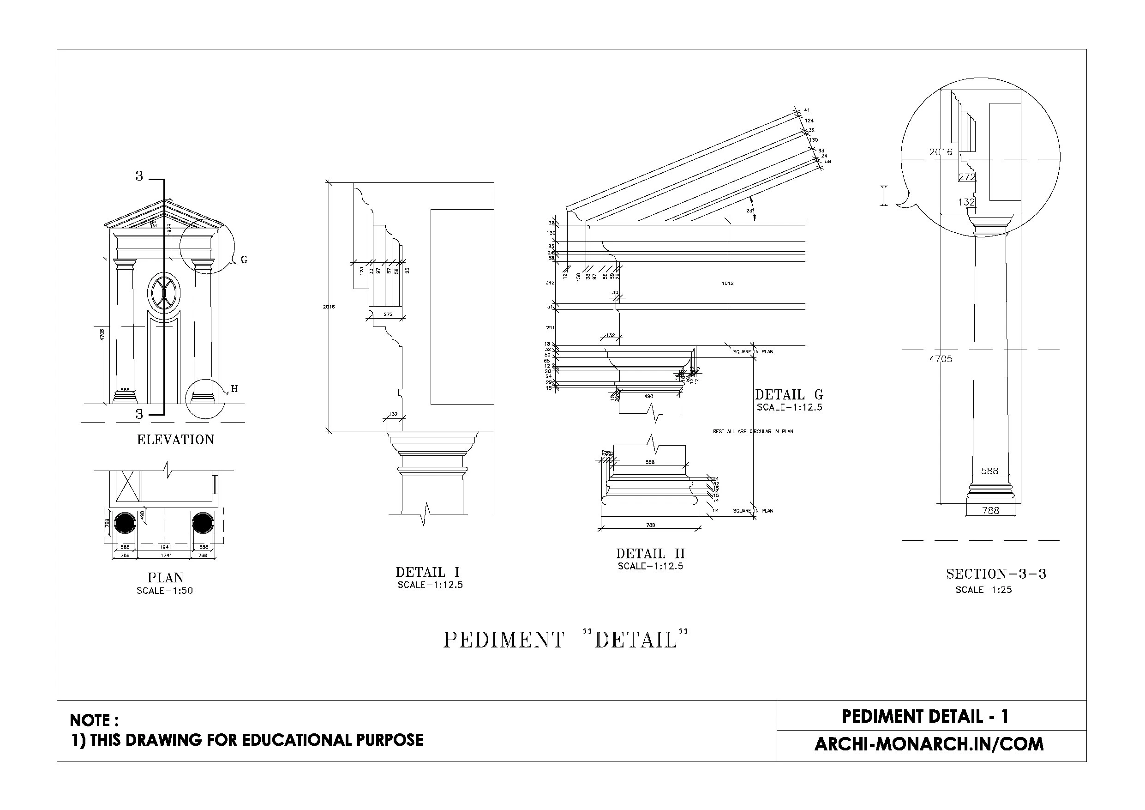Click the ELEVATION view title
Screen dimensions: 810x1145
[175, 440]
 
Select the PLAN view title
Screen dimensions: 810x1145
[165, 577]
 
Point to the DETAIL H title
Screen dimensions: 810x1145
[650, 554]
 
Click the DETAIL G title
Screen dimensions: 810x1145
[789, 395]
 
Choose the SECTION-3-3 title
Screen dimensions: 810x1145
[996, 574]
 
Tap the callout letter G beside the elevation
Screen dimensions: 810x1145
[244, 260]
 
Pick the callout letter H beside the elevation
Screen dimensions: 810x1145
[234, 389]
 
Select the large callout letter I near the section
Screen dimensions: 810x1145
[884, 196]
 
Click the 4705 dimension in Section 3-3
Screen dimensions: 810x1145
[941, 359]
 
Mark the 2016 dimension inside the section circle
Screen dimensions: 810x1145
[941, 152]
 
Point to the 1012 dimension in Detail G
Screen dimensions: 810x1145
[728, 284]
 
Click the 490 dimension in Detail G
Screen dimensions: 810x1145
[648, 396]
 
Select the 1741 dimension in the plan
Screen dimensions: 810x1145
[167, 555]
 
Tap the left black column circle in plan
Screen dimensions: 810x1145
[125, 523]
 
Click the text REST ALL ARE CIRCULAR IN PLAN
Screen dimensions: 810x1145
[753, 431]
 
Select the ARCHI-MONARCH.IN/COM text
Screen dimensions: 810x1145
[929, 744]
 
